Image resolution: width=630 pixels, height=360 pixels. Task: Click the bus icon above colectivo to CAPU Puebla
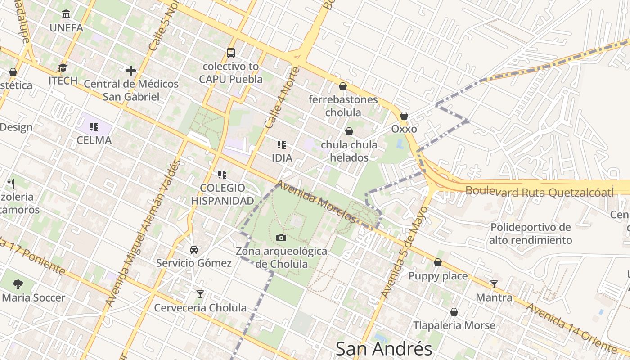click(231, 53)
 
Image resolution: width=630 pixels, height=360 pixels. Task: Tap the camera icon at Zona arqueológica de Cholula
click(281, 238)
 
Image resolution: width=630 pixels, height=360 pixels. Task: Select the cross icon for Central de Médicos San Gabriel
click(131, 71)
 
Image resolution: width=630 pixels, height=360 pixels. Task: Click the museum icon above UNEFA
click(66, 14)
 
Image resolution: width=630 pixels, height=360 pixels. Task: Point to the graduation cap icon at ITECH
click(63, 67)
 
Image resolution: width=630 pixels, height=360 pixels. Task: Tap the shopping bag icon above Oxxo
click(404, 116)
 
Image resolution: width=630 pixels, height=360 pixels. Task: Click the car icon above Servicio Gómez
click(194, 249)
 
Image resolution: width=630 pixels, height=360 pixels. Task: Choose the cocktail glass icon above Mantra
click(494, 284)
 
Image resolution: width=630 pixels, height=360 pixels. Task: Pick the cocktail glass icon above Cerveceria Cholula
click(200, 294)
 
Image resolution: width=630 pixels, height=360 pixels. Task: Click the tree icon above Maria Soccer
click(18, 284)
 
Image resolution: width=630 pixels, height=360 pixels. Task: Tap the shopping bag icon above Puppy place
click(438, 262)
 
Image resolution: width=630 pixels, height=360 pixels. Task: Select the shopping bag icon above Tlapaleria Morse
click(454, 311)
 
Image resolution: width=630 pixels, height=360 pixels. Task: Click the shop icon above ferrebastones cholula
click(343, 86)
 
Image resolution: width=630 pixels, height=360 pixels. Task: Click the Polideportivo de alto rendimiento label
click(531, 234)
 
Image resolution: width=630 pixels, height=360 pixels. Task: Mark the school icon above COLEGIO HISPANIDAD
click(222, 174)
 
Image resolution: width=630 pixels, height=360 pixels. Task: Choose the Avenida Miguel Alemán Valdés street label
click(144, 233)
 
